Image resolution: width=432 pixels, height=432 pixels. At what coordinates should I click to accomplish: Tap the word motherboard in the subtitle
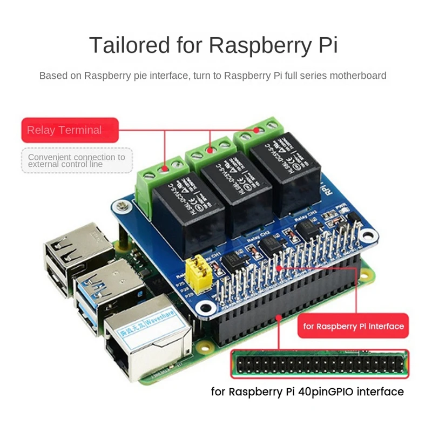point(359,76)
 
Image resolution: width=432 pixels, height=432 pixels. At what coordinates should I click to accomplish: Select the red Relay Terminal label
point(62,130)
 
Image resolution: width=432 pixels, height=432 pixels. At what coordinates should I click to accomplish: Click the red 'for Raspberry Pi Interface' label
point(354,326)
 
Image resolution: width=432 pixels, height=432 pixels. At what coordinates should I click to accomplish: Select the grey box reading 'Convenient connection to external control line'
point(76,160)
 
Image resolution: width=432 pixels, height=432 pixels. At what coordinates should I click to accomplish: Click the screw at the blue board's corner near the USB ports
point(122,206)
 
